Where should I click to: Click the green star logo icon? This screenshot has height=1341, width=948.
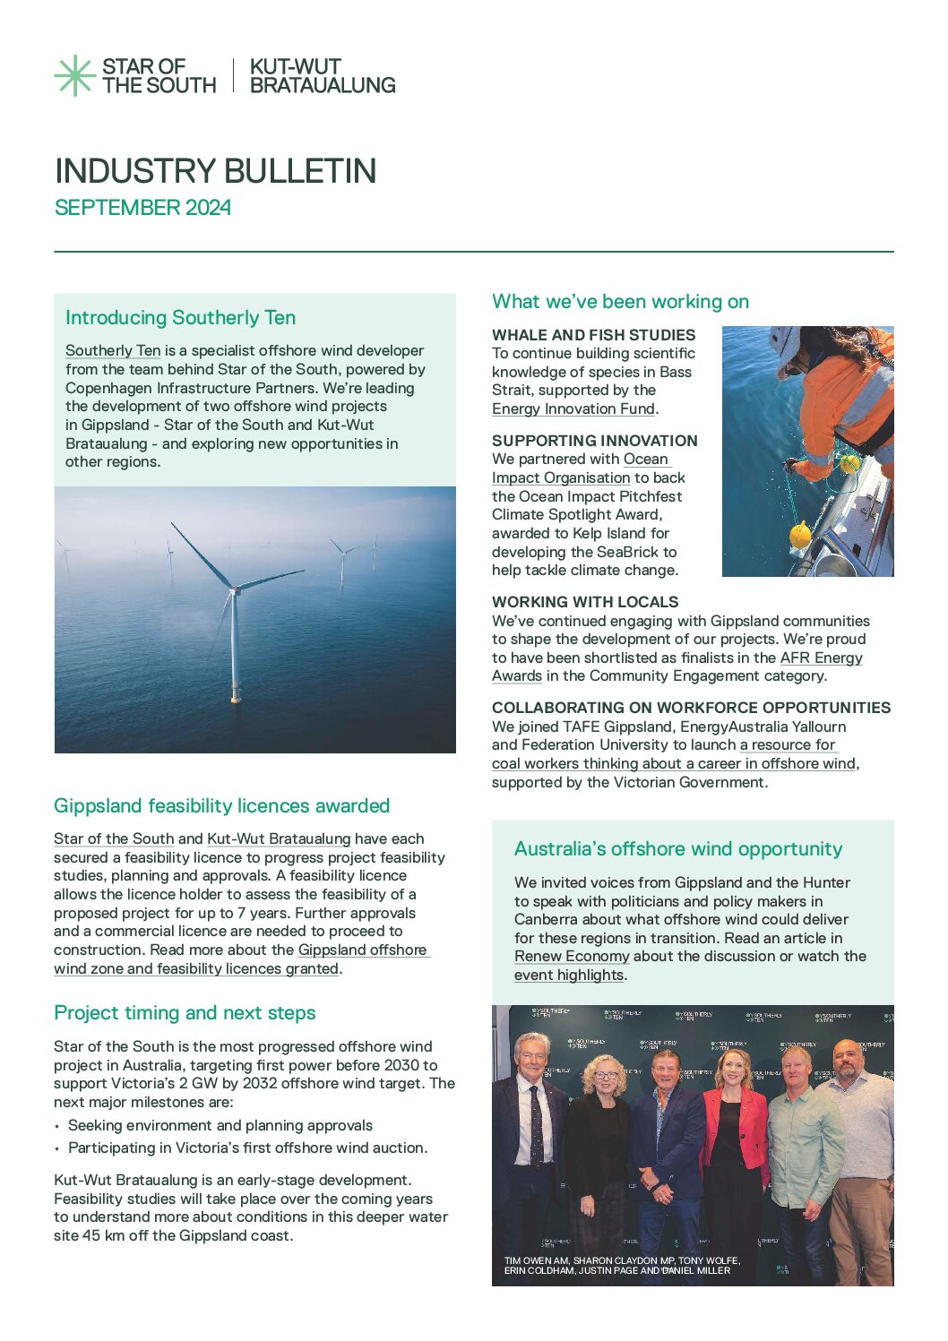[74, 75]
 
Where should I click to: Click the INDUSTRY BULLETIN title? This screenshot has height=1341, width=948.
[215, 170]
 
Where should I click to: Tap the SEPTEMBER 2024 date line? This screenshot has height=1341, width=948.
[142, 208]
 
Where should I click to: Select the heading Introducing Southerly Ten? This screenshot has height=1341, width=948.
[180, 317]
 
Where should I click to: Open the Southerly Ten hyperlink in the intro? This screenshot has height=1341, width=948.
[113, 351]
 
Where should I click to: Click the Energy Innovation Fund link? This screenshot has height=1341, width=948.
[573, 409]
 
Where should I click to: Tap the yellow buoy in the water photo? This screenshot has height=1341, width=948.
[800, 534]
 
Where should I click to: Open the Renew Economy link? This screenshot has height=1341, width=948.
[572, 957]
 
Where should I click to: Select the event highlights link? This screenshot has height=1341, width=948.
[569, 976]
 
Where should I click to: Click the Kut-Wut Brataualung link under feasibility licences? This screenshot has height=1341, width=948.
[279, 839]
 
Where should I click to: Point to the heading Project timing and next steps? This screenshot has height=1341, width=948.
[185, 1012]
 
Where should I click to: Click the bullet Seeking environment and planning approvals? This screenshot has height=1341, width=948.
[220, 1126]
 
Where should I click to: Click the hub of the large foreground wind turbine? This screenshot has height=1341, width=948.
[236, 588]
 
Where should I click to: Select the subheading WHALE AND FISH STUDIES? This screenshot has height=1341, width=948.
[593, 335]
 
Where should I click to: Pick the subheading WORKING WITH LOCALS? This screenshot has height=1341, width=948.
[585, 602]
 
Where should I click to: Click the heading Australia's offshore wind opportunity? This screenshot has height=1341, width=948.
[678, 848]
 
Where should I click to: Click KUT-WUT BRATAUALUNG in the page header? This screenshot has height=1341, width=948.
[322, 76]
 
